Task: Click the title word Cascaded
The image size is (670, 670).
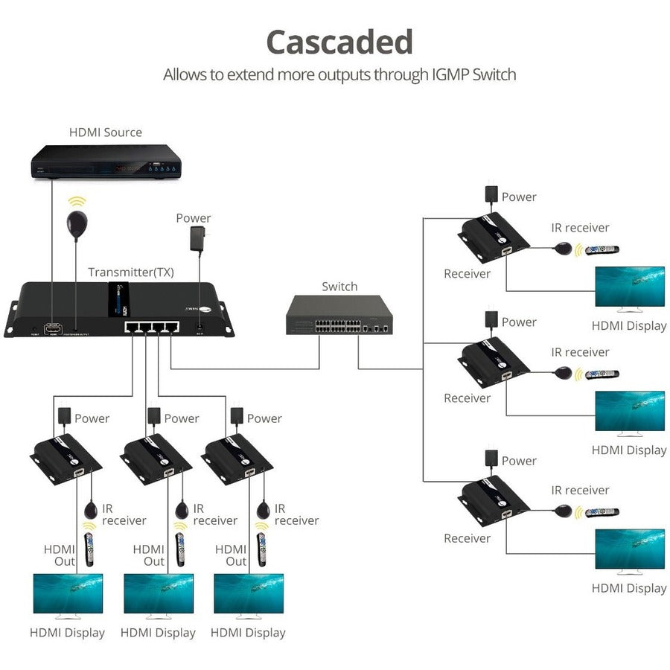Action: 339,42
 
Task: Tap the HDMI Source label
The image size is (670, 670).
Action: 106,133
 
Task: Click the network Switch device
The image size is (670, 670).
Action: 339,315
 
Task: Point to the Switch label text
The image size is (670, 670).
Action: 339,287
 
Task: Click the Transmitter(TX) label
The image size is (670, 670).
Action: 131,272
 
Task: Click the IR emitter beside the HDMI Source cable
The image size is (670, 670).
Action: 77,223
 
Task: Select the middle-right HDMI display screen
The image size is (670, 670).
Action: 629,411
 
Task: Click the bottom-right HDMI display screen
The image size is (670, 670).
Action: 629,549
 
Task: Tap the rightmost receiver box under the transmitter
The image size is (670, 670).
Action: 237,459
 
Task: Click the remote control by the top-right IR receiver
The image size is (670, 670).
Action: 602,250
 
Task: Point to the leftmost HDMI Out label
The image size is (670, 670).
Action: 60,555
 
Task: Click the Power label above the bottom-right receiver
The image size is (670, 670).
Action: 519,461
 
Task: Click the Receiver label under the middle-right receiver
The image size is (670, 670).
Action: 467,398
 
